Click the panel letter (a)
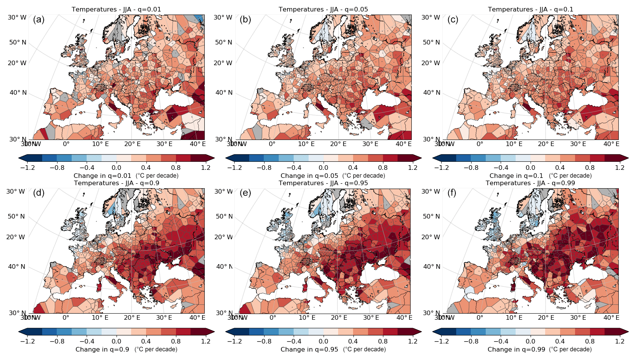[x=39, y=20]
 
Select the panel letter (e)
[x=245, y=193]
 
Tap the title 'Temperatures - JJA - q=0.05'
[x=323, y=9]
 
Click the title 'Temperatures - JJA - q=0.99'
[x=530, y=183]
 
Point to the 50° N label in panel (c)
[x=431, y=42]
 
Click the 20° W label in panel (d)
[x=16, y=237]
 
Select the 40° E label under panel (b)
[x=403, y=144]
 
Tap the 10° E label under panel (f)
[x=514, y=317]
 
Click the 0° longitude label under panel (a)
[x=66, y=144]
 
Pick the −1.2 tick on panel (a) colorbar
[x=27, y=168]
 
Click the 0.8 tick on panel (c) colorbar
[x=590, y=168]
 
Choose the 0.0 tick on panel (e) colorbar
[x=323, y=341]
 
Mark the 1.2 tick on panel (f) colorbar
[x=620, y=341]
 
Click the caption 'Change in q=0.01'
[x=102, y=176]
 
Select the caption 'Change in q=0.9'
[x=102, y=349]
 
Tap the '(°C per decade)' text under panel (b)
[x=363, y=176]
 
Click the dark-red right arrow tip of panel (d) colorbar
[x=210, y=332]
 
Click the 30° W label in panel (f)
[x=431, y=191]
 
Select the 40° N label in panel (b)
[x=224, y=92]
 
